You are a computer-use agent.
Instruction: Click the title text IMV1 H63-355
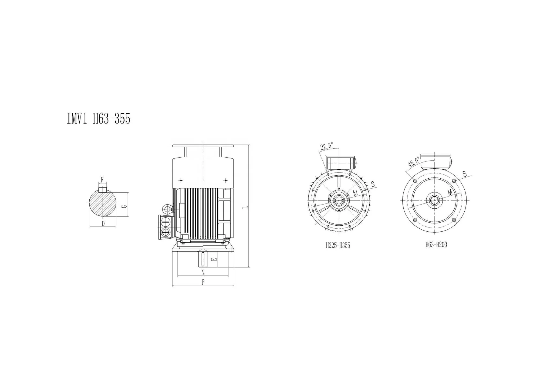coord(99,119)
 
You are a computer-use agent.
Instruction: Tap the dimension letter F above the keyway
coord(102,179)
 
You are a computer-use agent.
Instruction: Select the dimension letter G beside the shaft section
coord(124,206)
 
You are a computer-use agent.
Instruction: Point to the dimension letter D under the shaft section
coord(103,223)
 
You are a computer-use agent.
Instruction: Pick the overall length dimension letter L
coord(245,208)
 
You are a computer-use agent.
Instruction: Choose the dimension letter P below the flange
coord(203,282)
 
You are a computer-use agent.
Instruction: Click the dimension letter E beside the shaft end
coord(213,259)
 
